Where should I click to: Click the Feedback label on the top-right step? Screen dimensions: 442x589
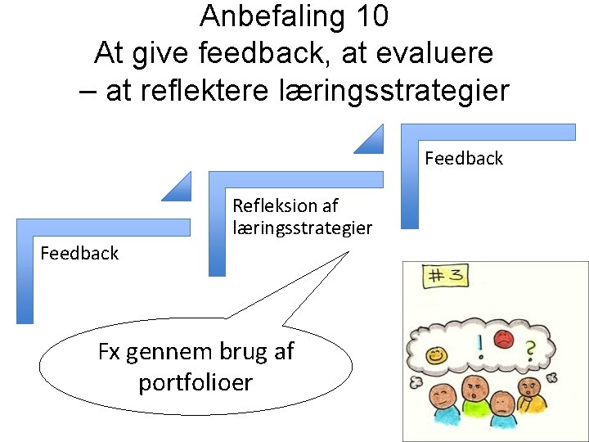[x=464, y=158]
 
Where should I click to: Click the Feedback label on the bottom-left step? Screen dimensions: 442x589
[x=79, y=253]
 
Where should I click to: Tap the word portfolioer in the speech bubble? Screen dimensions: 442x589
[x=196, y=382]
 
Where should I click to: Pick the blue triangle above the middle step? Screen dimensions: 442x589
[x=178, y=187]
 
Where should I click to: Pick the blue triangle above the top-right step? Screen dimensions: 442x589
[x=370, y=140]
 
